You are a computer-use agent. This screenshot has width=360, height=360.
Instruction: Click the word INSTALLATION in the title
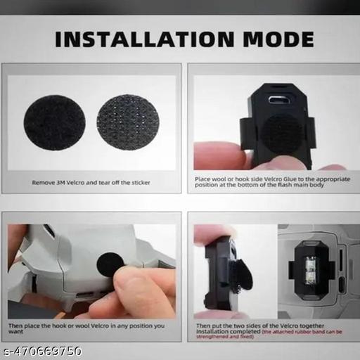145,39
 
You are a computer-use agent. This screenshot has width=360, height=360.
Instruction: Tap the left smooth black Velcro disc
55,122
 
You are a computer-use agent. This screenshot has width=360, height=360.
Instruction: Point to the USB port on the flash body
281,98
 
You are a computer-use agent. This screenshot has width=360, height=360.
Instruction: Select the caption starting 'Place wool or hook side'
270,183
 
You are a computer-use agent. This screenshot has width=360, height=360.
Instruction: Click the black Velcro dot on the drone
109,266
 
